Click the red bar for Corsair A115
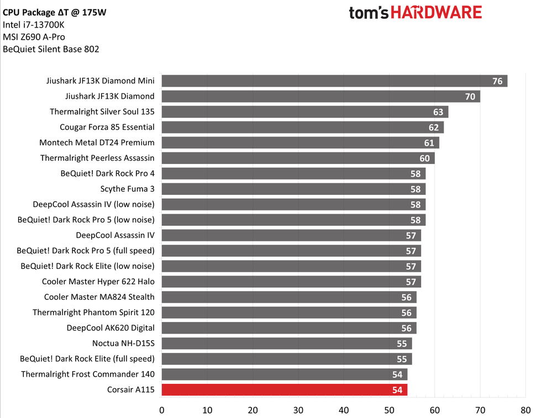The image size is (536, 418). [x=284, y=390]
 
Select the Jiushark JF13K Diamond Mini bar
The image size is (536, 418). [x=334, y=81]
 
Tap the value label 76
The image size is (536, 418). [x=497, y=81]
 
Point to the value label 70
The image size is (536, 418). [x=470, y=97]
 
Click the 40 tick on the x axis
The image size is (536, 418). [x=344, y=410]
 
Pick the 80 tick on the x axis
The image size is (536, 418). [x=526, y=410]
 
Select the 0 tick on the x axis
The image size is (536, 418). [x=161, y=410]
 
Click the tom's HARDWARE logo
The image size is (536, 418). [x=415, y=12]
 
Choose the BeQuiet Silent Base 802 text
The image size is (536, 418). [x=51, y=49]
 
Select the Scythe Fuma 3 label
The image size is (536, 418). [x=127, y=189]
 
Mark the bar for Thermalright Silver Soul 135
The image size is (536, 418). [x=304, y=112]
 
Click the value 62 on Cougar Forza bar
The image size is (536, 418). [x=434, y=128]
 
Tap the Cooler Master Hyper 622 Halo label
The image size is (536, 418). [x=98, y=282]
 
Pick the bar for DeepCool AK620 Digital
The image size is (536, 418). [x=288, y=328]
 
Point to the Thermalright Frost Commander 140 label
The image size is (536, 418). [x=88, y=374]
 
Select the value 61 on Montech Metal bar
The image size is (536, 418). [x=429, y=143]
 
